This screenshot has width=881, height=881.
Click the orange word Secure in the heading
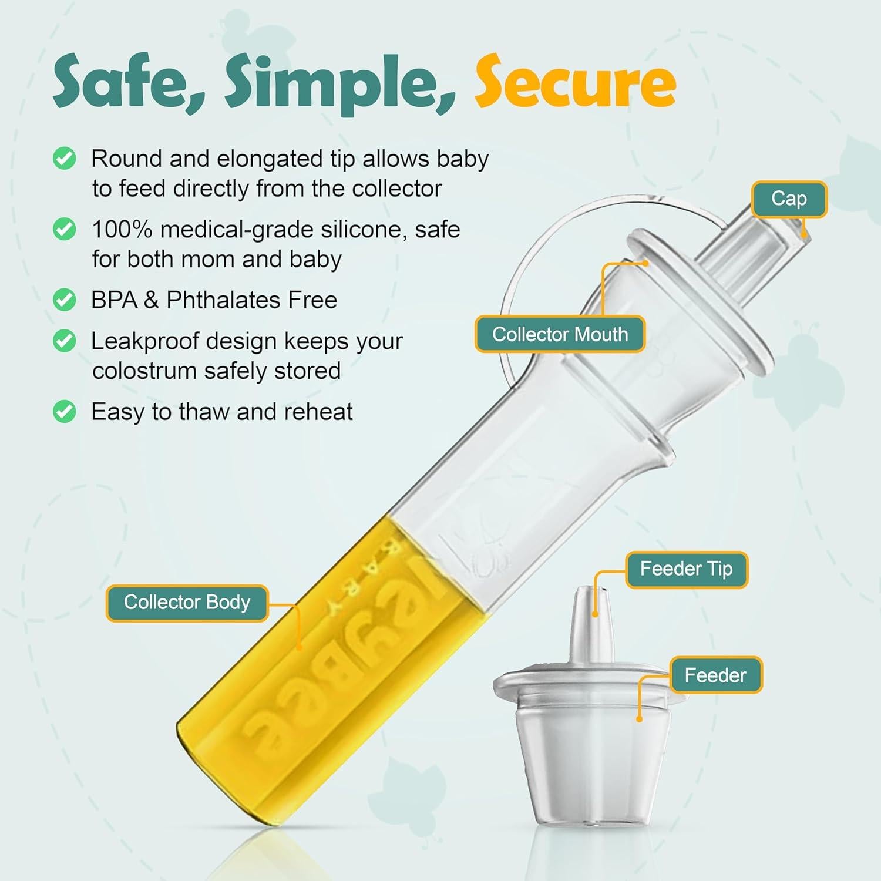pos(576,82)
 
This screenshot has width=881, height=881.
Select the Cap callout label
pos(789,199)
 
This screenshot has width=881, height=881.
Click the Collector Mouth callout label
pos(560,334)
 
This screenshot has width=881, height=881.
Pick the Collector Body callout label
pos(187,603)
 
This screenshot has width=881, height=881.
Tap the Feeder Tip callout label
pos(686,569)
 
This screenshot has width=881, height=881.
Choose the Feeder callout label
pos(715,675)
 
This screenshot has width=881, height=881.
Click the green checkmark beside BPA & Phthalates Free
pos(64,300)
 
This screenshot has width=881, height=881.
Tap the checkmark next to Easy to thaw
pos(64,412)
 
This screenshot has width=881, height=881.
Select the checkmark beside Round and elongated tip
pos(64,159)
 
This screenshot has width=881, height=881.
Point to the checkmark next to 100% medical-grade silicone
pos(64,229)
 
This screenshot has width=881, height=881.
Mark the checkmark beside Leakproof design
pos(64,341)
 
